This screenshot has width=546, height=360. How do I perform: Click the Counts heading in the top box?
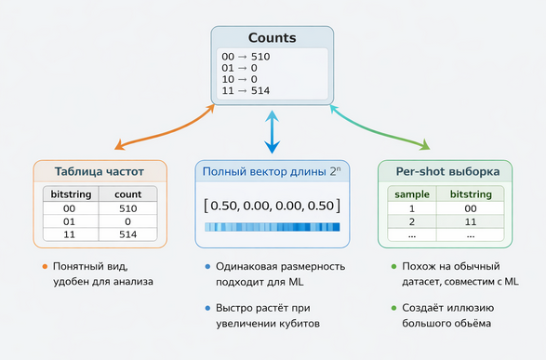272,38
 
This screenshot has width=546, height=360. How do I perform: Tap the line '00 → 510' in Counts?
244,57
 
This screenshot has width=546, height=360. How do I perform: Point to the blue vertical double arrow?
272,131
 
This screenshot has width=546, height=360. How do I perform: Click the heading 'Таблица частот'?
100,172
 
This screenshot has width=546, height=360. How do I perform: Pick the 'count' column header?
127,195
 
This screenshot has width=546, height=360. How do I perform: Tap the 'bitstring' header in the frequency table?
72,195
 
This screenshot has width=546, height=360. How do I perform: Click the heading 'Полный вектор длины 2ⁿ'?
272,172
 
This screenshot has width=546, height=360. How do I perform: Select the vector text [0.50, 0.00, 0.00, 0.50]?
272,205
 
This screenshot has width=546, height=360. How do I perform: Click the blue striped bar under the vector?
272,227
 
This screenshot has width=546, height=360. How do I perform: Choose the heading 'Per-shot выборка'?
446,172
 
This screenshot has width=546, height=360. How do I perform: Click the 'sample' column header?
412,195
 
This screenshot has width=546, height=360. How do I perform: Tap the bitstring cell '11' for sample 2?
473,223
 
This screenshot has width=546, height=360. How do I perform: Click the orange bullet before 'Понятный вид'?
44,268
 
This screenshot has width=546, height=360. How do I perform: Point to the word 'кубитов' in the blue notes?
296,324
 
